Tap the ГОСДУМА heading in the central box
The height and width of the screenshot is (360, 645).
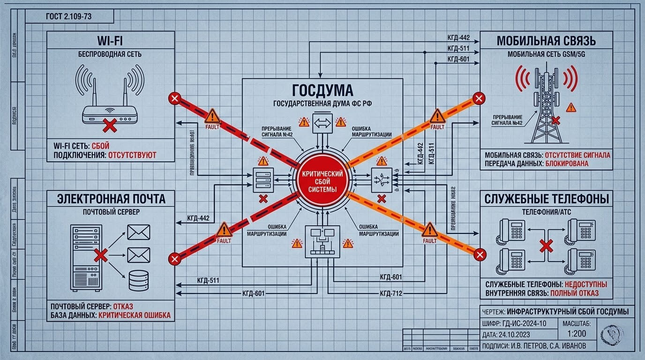click(x=322, y=90)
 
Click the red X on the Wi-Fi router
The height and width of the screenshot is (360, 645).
click(x=110, y=125)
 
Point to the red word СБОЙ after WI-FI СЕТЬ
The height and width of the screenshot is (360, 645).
click(x=101, y=146)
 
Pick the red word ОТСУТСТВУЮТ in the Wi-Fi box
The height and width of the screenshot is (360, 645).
click(x=132, y=155)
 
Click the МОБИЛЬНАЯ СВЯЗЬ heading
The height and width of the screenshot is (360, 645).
click(x=546, y=41)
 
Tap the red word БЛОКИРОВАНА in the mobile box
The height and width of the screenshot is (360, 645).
click(x=567, y=164)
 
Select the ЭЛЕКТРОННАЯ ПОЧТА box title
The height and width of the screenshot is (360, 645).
click(x=111, y=199)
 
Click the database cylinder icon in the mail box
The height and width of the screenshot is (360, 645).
click(x=139, y=280)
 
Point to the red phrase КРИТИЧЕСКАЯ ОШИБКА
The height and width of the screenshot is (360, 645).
click(x=134, y=315)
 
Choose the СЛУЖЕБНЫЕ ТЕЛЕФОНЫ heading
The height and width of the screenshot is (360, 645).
click(x=547, y=199)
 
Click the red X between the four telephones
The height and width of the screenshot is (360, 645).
click(x=545, y=246)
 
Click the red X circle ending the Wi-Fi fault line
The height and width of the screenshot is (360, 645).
click(x=174, y=98)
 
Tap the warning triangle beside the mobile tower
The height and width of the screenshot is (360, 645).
click(x=570, y=108)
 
